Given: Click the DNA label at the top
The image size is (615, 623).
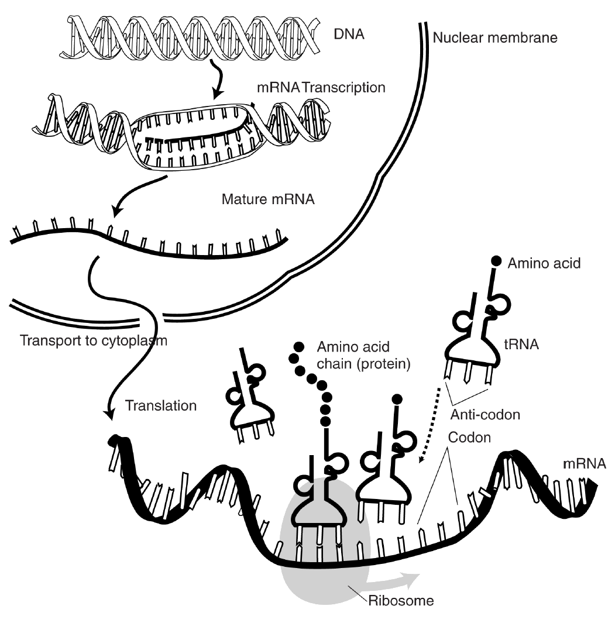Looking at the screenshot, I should pos(349,34).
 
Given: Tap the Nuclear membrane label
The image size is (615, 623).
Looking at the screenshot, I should pos(495,39).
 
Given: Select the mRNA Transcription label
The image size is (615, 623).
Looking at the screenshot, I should pos(321,88).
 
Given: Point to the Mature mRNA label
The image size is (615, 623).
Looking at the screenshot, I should pos(268,199).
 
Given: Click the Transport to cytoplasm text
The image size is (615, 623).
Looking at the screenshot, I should pos(93,340).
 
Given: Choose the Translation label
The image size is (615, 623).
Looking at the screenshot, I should pos(161,405).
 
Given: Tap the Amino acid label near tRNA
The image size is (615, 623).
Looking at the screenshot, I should pos(544,263).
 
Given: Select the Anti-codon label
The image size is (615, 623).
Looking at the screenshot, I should pos(485,415).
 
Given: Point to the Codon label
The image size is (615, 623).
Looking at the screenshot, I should pos(468,438).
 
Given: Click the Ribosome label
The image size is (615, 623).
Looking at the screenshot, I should pos(401,601).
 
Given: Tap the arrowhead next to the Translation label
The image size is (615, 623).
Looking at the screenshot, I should pos(108,414).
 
